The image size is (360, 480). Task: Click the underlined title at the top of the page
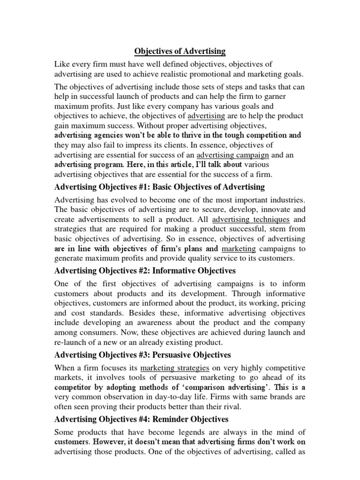pyautogui.click(x=180, y=51)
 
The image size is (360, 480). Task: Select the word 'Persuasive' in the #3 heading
pyautogui.click(x=159, y=355)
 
